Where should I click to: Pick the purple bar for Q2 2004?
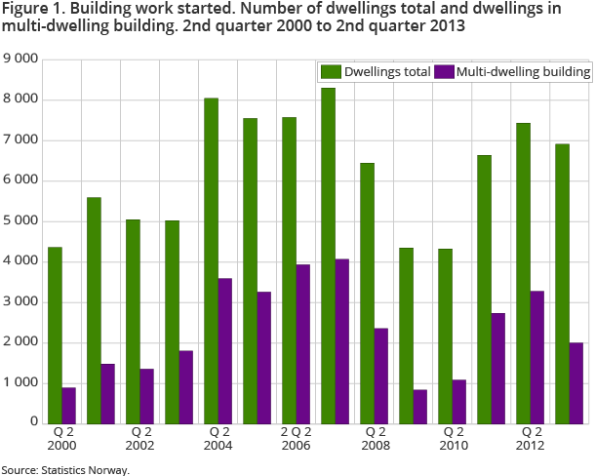[x=224, y=350]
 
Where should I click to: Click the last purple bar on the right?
[x=575, y=382]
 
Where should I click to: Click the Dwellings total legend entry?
[x=376, y=71]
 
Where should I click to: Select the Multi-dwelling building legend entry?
[x=512, y=71]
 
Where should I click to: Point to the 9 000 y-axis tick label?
[x=20, y=59]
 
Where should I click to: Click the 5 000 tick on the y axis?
[x=20, y=221]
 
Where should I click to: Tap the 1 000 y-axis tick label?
[x=20, y=382]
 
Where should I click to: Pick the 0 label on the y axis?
[x=33, y=423]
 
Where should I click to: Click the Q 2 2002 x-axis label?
[x=140, y=438]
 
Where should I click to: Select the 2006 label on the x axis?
[x=297, y=445]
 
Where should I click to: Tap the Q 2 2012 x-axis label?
[x=531, y=438]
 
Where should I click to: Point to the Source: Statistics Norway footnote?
[x=65, y=469]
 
